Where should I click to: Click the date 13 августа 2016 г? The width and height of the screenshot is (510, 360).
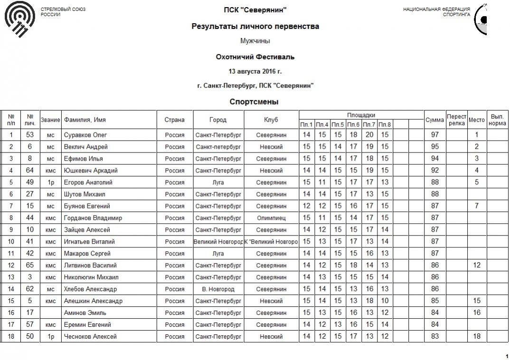click(255, 71)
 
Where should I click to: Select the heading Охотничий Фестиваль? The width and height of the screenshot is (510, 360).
click(255, 57)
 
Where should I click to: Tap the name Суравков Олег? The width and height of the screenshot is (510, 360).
click(85, 135)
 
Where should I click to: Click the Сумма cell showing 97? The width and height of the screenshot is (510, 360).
click(434, 135)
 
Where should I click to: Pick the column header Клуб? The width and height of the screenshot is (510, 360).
click(271, 120)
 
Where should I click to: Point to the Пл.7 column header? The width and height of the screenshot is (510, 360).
click(369, 125)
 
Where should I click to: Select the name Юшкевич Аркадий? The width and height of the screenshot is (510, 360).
click(91, 171)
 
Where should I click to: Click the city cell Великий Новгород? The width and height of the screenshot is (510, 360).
click(218, 242)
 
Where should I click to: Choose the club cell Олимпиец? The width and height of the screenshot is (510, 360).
click(271, 218)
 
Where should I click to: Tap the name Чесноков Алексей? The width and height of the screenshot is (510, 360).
click(90, 337)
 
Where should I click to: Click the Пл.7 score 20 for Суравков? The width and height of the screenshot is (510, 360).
click(369, 135)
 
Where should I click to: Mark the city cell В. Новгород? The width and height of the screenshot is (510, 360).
click(218, 289)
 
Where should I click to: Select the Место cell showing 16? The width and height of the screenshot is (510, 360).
click(477, 313)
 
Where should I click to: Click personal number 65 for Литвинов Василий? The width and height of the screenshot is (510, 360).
click(30, 265)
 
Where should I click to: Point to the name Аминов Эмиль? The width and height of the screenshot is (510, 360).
click(85, 313)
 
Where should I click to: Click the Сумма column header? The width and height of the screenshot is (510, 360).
click(434, 120)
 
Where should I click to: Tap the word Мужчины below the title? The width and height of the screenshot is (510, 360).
click(255, 41)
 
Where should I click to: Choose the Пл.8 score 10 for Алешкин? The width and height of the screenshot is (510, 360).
click(385, 301)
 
